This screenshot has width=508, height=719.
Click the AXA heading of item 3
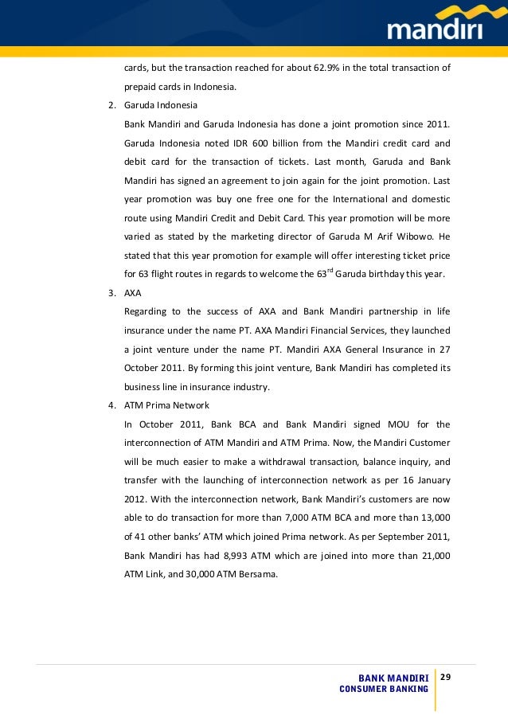[132, 292]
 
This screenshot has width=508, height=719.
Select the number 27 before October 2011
[444, 349]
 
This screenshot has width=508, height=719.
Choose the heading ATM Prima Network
[166, 405]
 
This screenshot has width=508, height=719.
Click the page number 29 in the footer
[446, 676]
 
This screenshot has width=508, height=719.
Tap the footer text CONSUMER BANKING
[385, 689]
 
